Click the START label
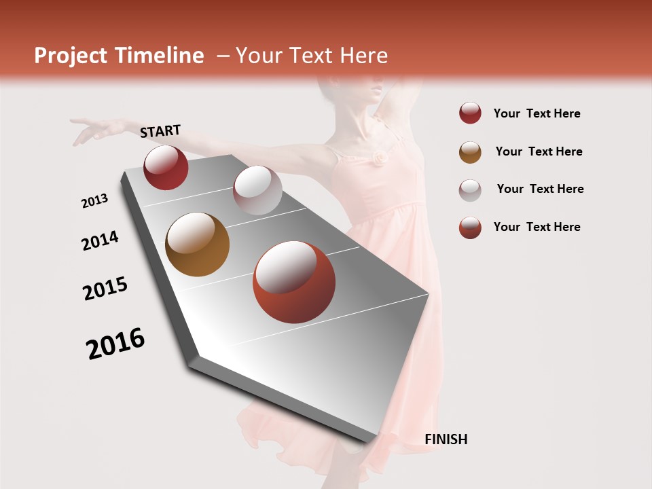(160, 131)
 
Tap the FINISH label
(446, 439)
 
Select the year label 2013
(95, 201)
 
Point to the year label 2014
(101, 240)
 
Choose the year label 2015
(105, 289)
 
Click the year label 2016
(115, 344)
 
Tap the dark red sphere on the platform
(166, 167)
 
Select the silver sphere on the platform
(257, 190)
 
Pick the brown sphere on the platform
(197, 244)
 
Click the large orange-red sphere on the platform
(294, 282)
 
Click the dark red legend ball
(470, 113)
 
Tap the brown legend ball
(470, 152)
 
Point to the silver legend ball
(470, 189)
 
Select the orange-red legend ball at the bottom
(470, 228)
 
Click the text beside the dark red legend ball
(537, 114)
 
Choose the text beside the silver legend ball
(541, 189)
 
